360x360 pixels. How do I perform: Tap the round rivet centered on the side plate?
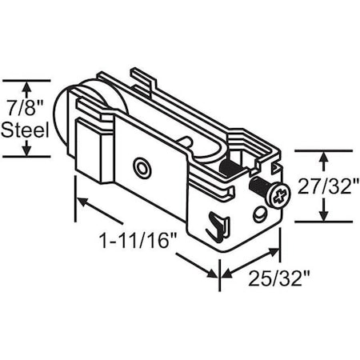[x=142, y=168]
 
